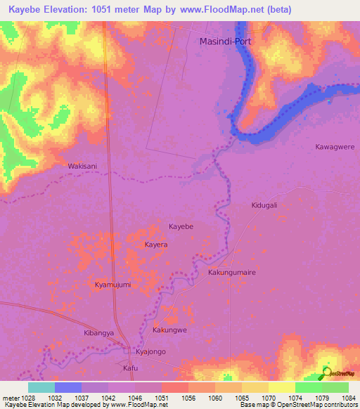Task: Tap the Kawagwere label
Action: point(335,147)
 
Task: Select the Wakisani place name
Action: point(82,167)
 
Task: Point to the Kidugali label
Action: point(265,205)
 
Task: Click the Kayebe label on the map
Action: point(181,227)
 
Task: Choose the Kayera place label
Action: point(156,245)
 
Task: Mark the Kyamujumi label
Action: point(113,285)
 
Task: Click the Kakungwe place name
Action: point(169,329)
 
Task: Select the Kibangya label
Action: point(98,333)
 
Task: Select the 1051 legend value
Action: point(162,397)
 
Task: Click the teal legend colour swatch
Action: point(41,387)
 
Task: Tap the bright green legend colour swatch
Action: point(308,387)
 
